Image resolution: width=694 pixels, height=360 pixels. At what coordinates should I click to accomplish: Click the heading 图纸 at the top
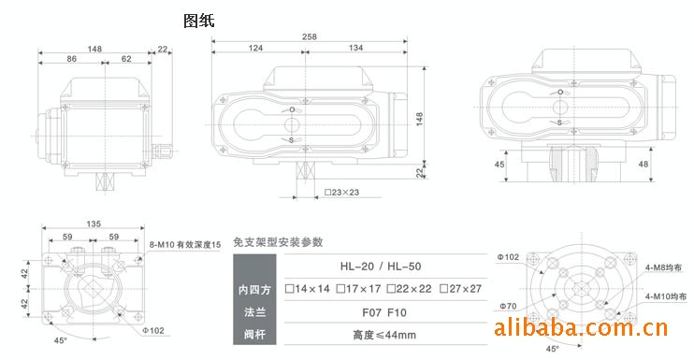[x=199, y=21]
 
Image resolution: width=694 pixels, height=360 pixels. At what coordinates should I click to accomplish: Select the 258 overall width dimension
[x=310, y=36]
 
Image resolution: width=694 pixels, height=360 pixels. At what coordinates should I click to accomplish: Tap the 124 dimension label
[x=256, y=48]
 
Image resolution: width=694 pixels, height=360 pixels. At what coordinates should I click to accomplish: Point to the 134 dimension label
[x=355, y=48]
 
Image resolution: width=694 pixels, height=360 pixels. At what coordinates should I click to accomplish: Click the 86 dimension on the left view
[x=72, y=59]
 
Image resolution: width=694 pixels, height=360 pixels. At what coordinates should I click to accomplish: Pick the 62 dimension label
[x=126, y=59]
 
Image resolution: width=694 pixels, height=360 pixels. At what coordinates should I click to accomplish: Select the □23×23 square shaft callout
[x=341, y=193]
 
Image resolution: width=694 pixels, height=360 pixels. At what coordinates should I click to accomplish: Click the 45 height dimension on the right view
[x=499, y=165]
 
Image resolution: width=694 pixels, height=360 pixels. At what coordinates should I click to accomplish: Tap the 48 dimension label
[x=643, y=164]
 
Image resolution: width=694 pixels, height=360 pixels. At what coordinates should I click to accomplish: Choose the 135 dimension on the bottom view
[x=94, y=223]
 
